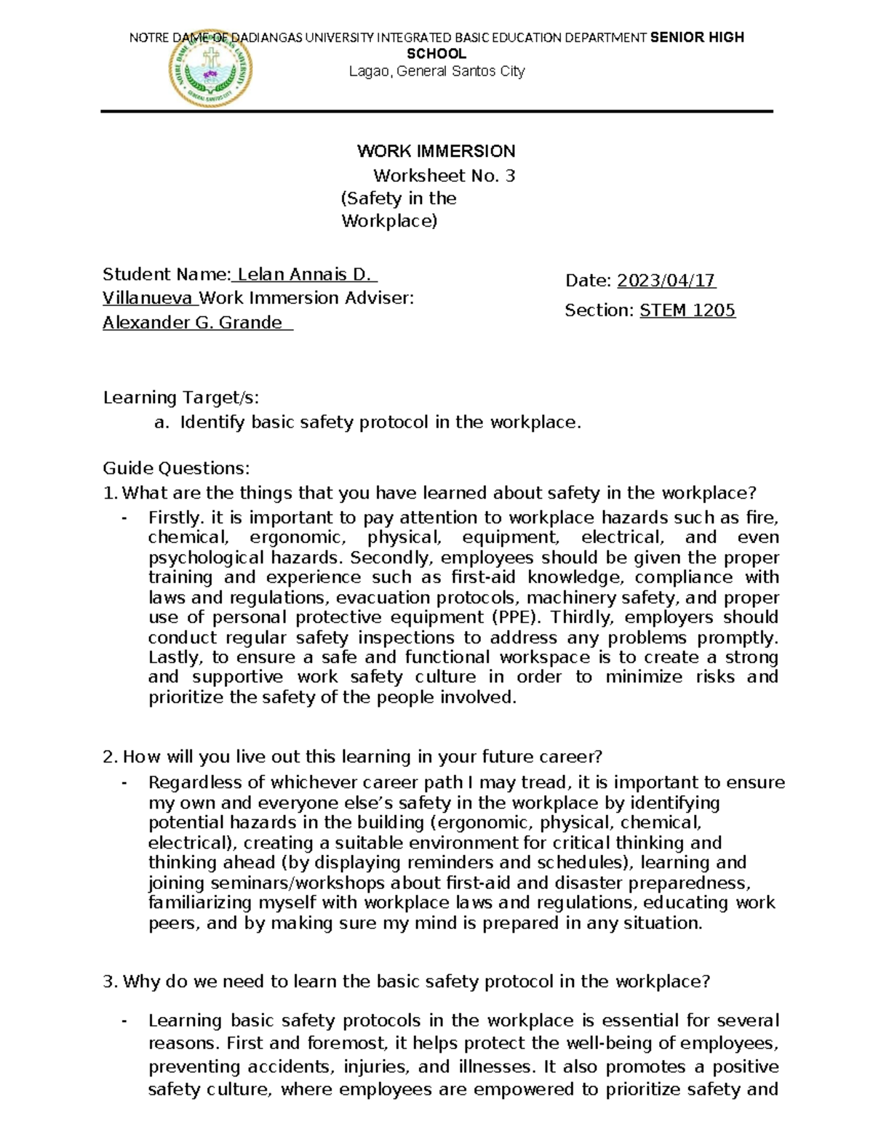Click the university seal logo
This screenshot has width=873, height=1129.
[x=211, y=68]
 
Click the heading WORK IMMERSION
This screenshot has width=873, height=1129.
[x=436, y=151]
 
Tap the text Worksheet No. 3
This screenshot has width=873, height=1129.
[x=444, y=175]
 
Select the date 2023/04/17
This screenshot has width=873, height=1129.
[x=666, y=281]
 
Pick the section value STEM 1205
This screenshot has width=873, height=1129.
[x=687, y=310]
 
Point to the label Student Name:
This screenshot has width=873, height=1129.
[x=167, y=274]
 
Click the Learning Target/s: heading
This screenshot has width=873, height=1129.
[x=181, y=398]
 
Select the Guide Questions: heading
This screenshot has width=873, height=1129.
[x=176, y=467]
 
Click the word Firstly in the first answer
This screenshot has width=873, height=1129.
[x=175, y=518]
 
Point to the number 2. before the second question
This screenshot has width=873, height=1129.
[x=110, y=757]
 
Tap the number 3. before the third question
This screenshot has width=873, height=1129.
[x=110, y=982]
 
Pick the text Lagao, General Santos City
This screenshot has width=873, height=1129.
[x=436, y=71]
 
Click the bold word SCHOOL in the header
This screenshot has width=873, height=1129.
[x=436, y=54]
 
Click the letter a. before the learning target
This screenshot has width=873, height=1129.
[x=161, y=422]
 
